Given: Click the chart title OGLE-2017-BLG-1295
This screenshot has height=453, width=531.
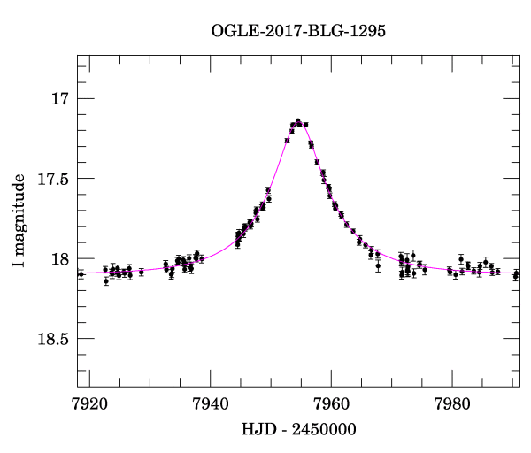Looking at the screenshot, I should click(298, 31).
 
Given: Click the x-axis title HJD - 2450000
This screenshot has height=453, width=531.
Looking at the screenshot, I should click(299, 430).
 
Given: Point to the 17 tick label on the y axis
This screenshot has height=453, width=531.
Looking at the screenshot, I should click(58, 99).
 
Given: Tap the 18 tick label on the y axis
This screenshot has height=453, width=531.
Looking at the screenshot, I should click(58, 259).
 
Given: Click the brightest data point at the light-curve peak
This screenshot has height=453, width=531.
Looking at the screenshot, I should click(298, 121).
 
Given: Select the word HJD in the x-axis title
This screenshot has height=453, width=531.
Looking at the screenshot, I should click(257, 430).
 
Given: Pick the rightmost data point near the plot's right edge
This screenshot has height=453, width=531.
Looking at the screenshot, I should click(516, 275).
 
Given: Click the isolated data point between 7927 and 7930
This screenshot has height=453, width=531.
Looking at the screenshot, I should click(142, 272).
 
